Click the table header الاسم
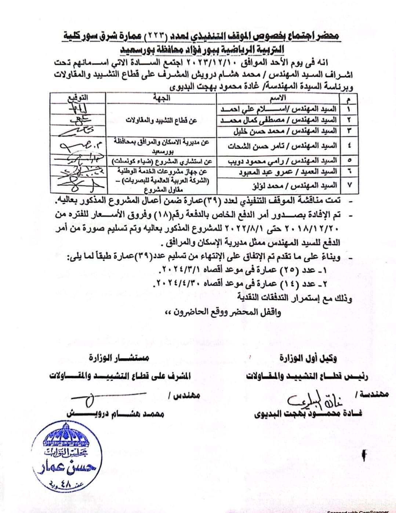click(x=283, y=98)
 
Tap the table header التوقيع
click(x=78, y=98)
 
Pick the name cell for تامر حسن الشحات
click(x=283, y=146)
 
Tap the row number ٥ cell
click(x=349, y=161)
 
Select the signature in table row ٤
click(x=78, y=146)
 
